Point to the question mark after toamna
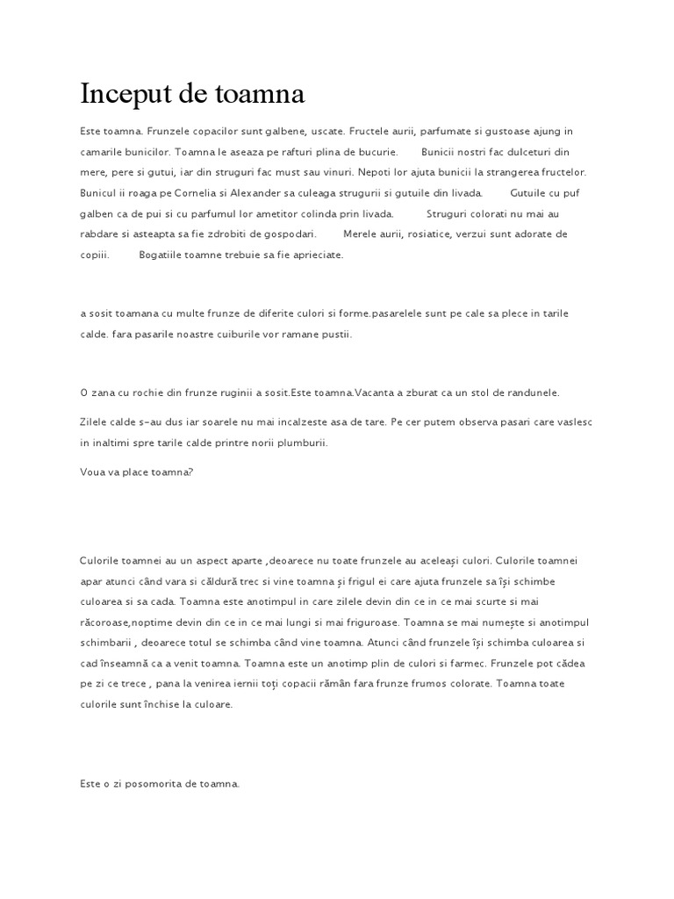point(190,471)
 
